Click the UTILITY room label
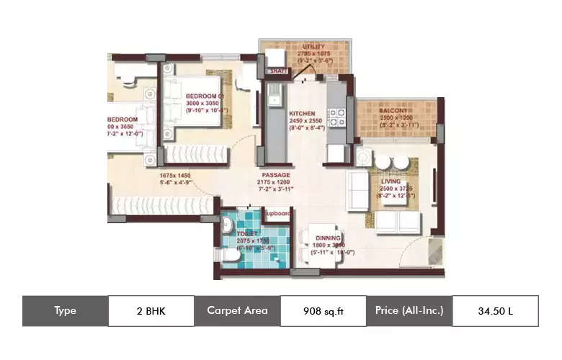tap(314, 46)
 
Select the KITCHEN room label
tap(303, 114)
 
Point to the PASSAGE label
tap(276, 174)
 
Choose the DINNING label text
tap(328, 236)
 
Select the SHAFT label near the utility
tap(278, 71)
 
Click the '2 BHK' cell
tap(151, 311)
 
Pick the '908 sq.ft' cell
tap(322, 311)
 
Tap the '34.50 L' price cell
tap(495, 311)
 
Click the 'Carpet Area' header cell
tap(237, 311)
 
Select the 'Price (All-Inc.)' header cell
tap(409, 311)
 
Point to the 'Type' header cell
tap(65, 311)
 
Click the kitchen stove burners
tap(336, 117)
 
